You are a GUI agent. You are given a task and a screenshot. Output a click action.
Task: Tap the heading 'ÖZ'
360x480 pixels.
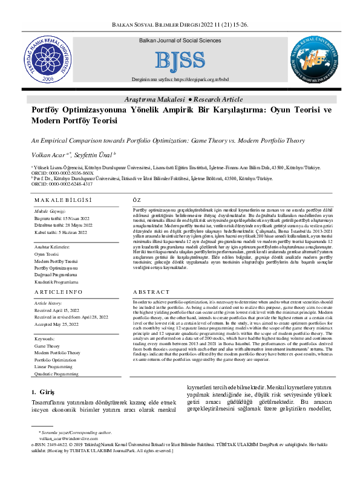137,199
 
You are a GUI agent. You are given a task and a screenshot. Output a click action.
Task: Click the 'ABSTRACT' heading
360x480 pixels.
148,291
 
